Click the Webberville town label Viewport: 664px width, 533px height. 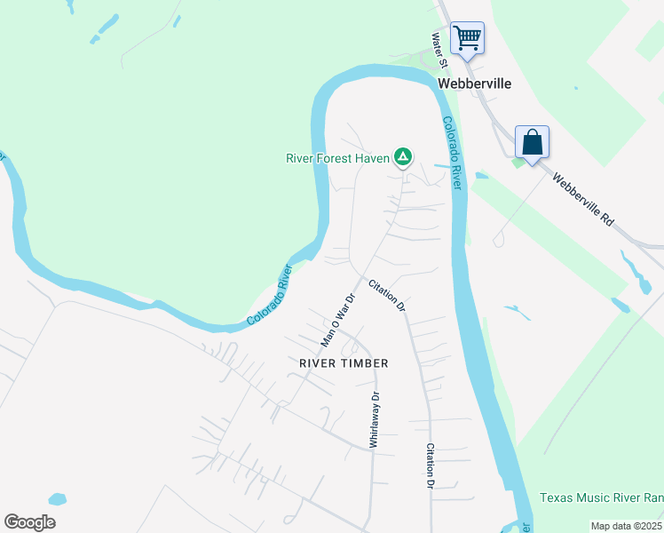475,83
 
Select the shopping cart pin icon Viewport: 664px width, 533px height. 467,38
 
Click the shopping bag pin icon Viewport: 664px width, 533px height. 532,142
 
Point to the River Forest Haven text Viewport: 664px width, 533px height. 337,158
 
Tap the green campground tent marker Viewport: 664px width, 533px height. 403,157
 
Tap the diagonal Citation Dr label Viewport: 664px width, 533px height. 387,295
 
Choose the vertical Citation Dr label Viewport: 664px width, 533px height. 431,465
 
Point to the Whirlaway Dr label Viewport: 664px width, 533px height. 375,419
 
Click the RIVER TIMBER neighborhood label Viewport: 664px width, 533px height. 344,363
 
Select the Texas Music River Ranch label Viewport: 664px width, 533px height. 601,498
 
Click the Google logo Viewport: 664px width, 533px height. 29,522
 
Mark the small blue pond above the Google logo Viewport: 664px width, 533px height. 57,499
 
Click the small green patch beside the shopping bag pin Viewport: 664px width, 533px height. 518,162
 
